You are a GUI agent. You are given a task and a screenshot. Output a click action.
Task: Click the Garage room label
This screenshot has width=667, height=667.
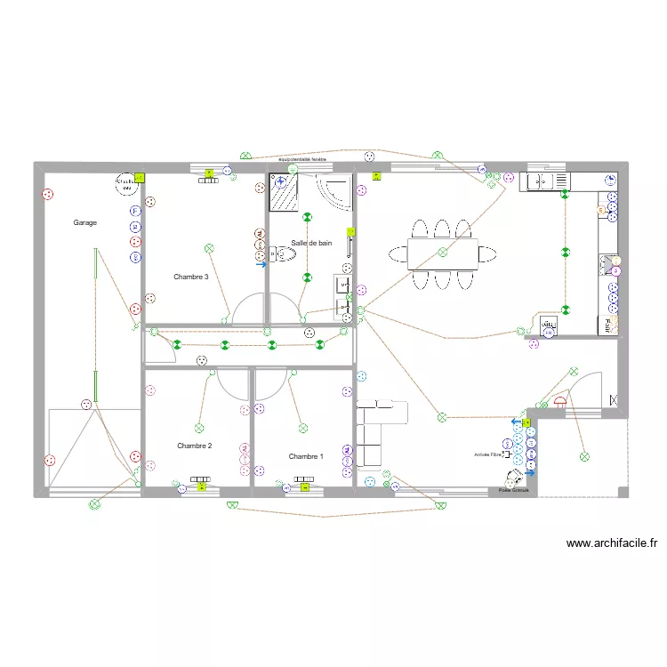click(x=84, y=222)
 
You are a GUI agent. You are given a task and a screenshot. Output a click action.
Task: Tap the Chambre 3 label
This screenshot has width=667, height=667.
click(x=191, y=277)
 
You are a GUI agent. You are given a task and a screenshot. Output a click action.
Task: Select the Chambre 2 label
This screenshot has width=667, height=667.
click(x=194, y=446)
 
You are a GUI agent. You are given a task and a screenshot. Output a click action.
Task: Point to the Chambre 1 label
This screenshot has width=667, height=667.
click(x=306, y=456)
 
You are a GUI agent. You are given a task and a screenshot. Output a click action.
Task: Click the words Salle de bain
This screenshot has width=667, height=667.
click(x=311, y=243)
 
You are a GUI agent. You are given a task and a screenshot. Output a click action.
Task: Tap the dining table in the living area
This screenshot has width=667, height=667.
click(x=443, y=253)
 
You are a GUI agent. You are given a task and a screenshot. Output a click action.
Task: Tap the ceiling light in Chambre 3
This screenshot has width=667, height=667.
click(x=209, y=248)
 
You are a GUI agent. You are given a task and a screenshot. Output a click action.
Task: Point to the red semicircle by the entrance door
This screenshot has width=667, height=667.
click(x=559, y=400)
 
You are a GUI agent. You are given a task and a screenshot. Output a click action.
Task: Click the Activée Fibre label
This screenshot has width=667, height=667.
click(x=489, y=454)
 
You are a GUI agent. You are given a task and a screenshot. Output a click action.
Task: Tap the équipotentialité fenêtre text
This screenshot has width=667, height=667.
click(x=303, y=159)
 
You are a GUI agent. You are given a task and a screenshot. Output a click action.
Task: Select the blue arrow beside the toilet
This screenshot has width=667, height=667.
click(x=261, y=264)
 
